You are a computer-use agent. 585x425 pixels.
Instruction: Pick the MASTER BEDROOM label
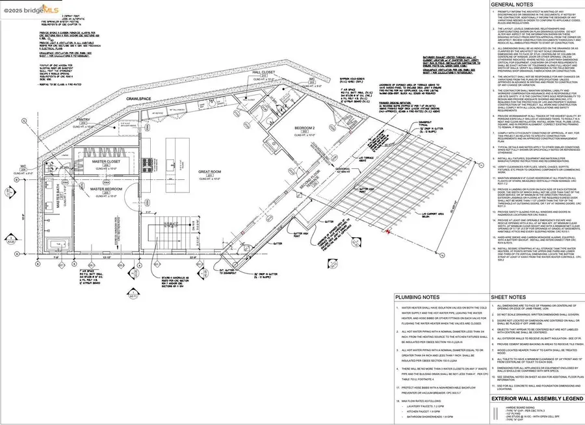tap(106, 189)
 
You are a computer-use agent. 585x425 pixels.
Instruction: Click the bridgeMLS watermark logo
tap(30, 11)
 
